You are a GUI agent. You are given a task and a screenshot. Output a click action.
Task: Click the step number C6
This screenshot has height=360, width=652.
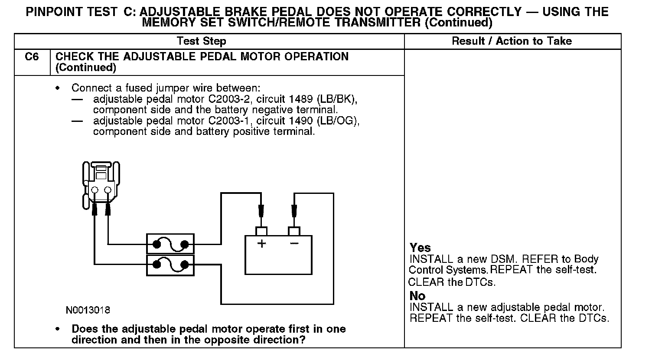pyautogui.click(x=32, y=57)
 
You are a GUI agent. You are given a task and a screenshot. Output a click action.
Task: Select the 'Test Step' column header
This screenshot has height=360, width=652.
pyautogui.click(x=202, y=41)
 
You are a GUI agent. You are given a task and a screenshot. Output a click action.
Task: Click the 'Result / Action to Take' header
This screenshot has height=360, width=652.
pyautogui.click(x=512, y=41)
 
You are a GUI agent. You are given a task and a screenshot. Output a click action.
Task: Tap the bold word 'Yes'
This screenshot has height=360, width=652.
pyautogui.click(x=420, y=248)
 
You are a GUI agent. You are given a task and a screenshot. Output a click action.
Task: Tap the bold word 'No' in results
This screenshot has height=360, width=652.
pyautogui.click(x=417, y=296)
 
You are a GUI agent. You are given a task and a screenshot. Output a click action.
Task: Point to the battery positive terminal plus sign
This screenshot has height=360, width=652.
pyautogui.click(x=261, y=243)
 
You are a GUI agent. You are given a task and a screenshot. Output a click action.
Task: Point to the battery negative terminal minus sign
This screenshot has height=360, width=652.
pyautogui.click(x=294, y=243)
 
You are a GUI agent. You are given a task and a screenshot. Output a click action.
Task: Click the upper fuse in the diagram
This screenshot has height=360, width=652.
pyautogui.click(x=170, y=244)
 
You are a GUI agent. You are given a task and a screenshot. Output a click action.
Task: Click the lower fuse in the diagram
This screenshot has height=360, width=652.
pyautogui.click(x=170, y=265)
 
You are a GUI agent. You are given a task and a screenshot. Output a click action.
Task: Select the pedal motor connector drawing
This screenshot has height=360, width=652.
pyautogui.click(x=101, y=184)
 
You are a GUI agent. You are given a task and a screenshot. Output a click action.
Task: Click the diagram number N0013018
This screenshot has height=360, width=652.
pyautogui.click(x=88, y=311)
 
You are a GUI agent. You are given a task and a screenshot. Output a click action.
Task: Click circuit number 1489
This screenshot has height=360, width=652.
pyautogui.click(x=300, y=99)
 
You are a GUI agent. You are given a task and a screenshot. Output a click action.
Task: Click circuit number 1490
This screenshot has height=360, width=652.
pyautogui.click(x=300, y=121)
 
